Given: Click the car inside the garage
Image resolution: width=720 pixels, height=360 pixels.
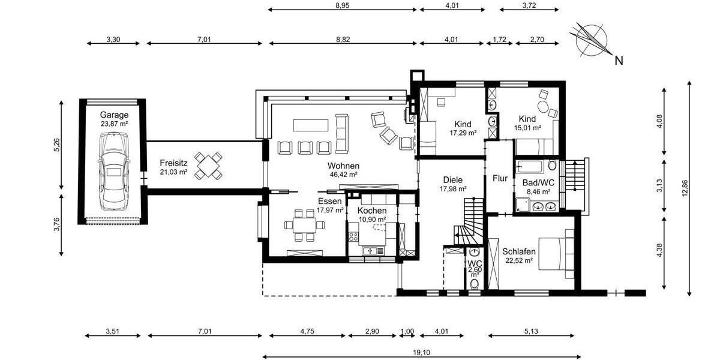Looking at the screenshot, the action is (x=114, y=172).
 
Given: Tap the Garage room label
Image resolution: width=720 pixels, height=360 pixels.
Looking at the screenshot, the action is (x=114, y=115).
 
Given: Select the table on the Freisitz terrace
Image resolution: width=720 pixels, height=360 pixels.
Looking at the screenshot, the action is (x=208, y=166).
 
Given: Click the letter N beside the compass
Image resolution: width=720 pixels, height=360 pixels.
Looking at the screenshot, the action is (x=619, y=61).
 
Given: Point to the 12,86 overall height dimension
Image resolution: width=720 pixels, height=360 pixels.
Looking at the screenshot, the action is (x=685, y=188).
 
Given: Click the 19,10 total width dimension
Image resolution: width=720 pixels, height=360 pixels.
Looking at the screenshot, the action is (x=421, y=353).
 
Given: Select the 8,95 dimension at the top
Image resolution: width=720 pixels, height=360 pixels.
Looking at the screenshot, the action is (x=342, y=5).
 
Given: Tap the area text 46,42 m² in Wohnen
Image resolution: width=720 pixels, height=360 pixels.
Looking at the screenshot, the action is (x=344, y=175).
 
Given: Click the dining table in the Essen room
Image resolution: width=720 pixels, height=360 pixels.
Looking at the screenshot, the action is (x=304, y=226).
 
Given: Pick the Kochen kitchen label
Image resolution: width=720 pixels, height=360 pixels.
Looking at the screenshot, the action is (x=372, y=211).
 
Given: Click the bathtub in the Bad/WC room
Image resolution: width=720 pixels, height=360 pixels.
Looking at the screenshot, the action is (x=529, y=166).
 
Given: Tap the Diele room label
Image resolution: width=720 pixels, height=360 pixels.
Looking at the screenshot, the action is (x=453, y=180).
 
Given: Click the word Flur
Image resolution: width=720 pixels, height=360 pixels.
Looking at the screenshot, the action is (x=500, y=178).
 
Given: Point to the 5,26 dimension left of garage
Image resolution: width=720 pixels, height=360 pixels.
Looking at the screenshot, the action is (x=56, y=145).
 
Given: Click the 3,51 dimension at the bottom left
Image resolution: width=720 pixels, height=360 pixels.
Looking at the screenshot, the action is (x=113, y=331).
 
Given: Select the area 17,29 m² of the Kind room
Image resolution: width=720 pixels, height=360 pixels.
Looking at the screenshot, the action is (x=463, y=133).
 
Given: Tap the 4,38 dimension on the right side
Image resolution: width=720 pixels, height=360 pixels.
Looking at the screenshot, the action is (x=659, y=250).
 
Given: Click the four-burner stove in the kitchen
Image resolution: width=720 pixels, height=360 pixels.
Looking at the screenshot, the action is (x=353, y=236).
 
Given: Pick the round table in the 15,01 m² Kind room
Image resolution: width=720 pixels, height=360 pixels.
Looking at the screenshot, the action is (x=543, y=107).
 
